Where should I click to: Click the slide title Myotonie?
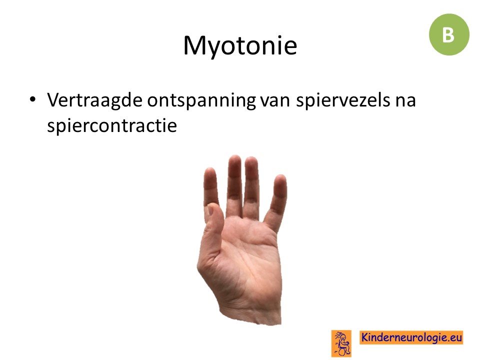[x=240, y=46]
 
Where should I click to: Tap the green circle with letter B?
[x=449, y=34]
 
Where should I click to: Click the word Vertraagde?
[x=94, y=100]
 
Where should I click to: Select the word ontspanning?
[x=201, y=100]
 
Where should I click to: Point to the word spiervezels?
[x=343, y=100]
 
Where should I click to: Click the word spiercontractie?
[x=112, y=125]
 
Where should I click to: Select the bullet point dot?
[x=32, y=99]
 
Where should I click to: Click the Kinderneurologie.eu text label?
[x=411, y=337]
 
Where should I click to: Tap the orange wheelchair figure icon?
[x=341, y=343]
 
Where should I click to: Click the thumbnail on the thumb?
[x=209, y=210]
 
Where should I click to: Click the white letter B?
[x=448, y=35]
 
